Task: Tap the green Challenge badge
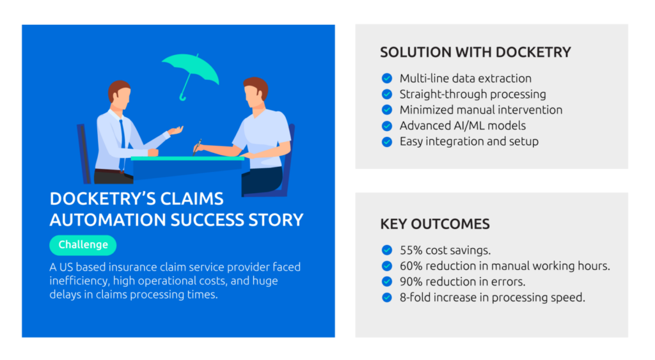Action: pyautogui.click(x=83, y=245)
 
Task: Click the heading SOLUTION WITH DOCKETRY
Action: pyautogui.click(x=475, y=52)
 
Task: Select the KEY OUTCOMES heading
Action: pyautogui.click(x=434, y=224)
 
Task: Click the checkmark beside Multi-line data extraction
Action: pyautogui.click(x=387, y=78)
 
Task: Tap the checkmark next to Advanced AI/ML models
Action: pyautogui.click(x=387, y=126)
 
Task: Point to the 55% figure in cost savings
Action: pyautogui.click(x=411, y=250)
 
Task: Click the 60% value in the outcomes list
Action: pyautogui.click(x=411, y=266)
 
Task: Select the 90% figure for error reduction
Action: pyautogui.click(x=411, y=282)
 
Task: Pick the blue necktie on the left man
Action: pyautogui.click(x=122, y=142)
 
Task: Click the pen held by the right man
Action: pyautogui.click(x=197, y=146)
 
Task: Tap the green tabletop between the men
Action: pyautogui.click(x=187, y=159)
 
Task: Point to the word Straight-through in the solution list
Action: pyautogui.click(x=443, y=95)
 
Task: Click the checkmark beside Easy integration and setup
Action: pyautogui.click(x=387, y=141)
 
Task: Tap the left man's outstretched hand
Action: pyautogui.click(x=176, y=130)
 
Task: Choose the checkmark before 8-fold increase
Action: pyautogui.click(x=387, y=297)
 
